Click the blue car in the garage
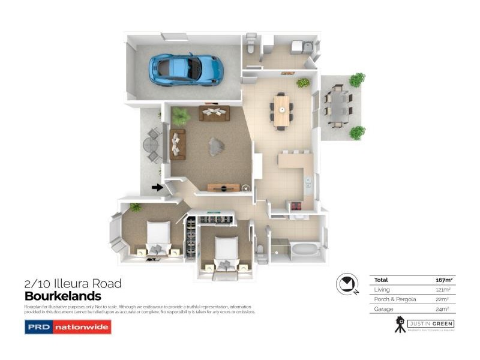(x=186, y=69)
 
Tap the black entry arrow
(x=157, y=187)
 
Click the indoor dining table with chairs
(x=281, y=110)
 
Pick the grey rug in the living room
(x=216, y=146)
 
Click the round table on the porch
(x=149, y=145)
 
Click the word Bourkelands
(x=62, y=296)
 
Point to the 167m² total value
(x=443, y=280)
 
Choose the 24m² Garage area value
(x=443, y=309)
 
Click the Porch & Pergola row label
(x=395, y=299)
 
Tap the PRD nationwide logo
(x=68, y=327)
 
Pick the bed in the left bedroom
(x=158, y=236)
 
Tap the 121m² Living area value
(x=443, y=289)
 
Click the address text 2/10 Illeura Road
(x=73, y=284)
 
